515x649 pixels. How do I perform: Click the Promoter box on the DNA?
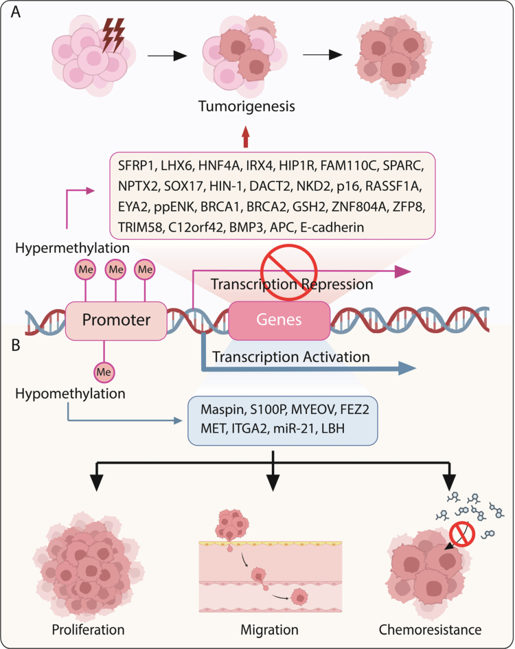[x=116, y=321]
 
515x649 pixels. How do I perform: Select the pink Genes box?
[x=279, y=320]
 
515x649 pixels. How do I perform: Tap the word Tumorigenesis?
[x=247, y=106]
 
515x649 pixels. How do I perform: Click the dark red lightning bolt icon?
[x=113, y=35]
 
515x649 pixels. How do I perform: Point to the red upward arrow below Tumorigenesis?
[x=246, y=137]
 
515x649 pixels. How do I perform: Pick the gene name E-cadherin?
[x=332, y=227]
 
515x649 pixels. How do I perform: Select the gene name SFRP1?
[x=136, y=166]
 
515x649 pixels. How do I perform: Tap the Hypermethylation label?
[x=73, y=248]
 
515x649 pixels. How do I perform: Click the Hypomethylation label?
[x=70, y=394]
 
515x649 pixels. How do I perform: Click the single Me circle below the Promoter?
[x=104, y=372]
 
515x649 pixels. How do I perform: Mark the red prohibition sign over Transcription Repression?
[x=288, y=272]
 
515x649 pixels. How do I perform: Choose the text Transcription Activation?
[x=290, y=357]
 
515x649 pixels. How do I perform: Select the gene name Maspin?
[x=222, y=410]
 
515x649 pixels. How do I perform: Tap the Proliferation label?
[x=88, y=630]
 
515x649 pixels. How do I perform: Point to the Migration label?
[x=269, y=630]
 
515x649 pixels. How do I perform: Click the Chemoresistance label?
[x=430, y=630]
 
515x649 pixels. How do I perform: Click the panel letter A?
[x=15, y=12]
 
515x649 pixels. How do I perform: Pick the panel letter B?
[x=16, y=345]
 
